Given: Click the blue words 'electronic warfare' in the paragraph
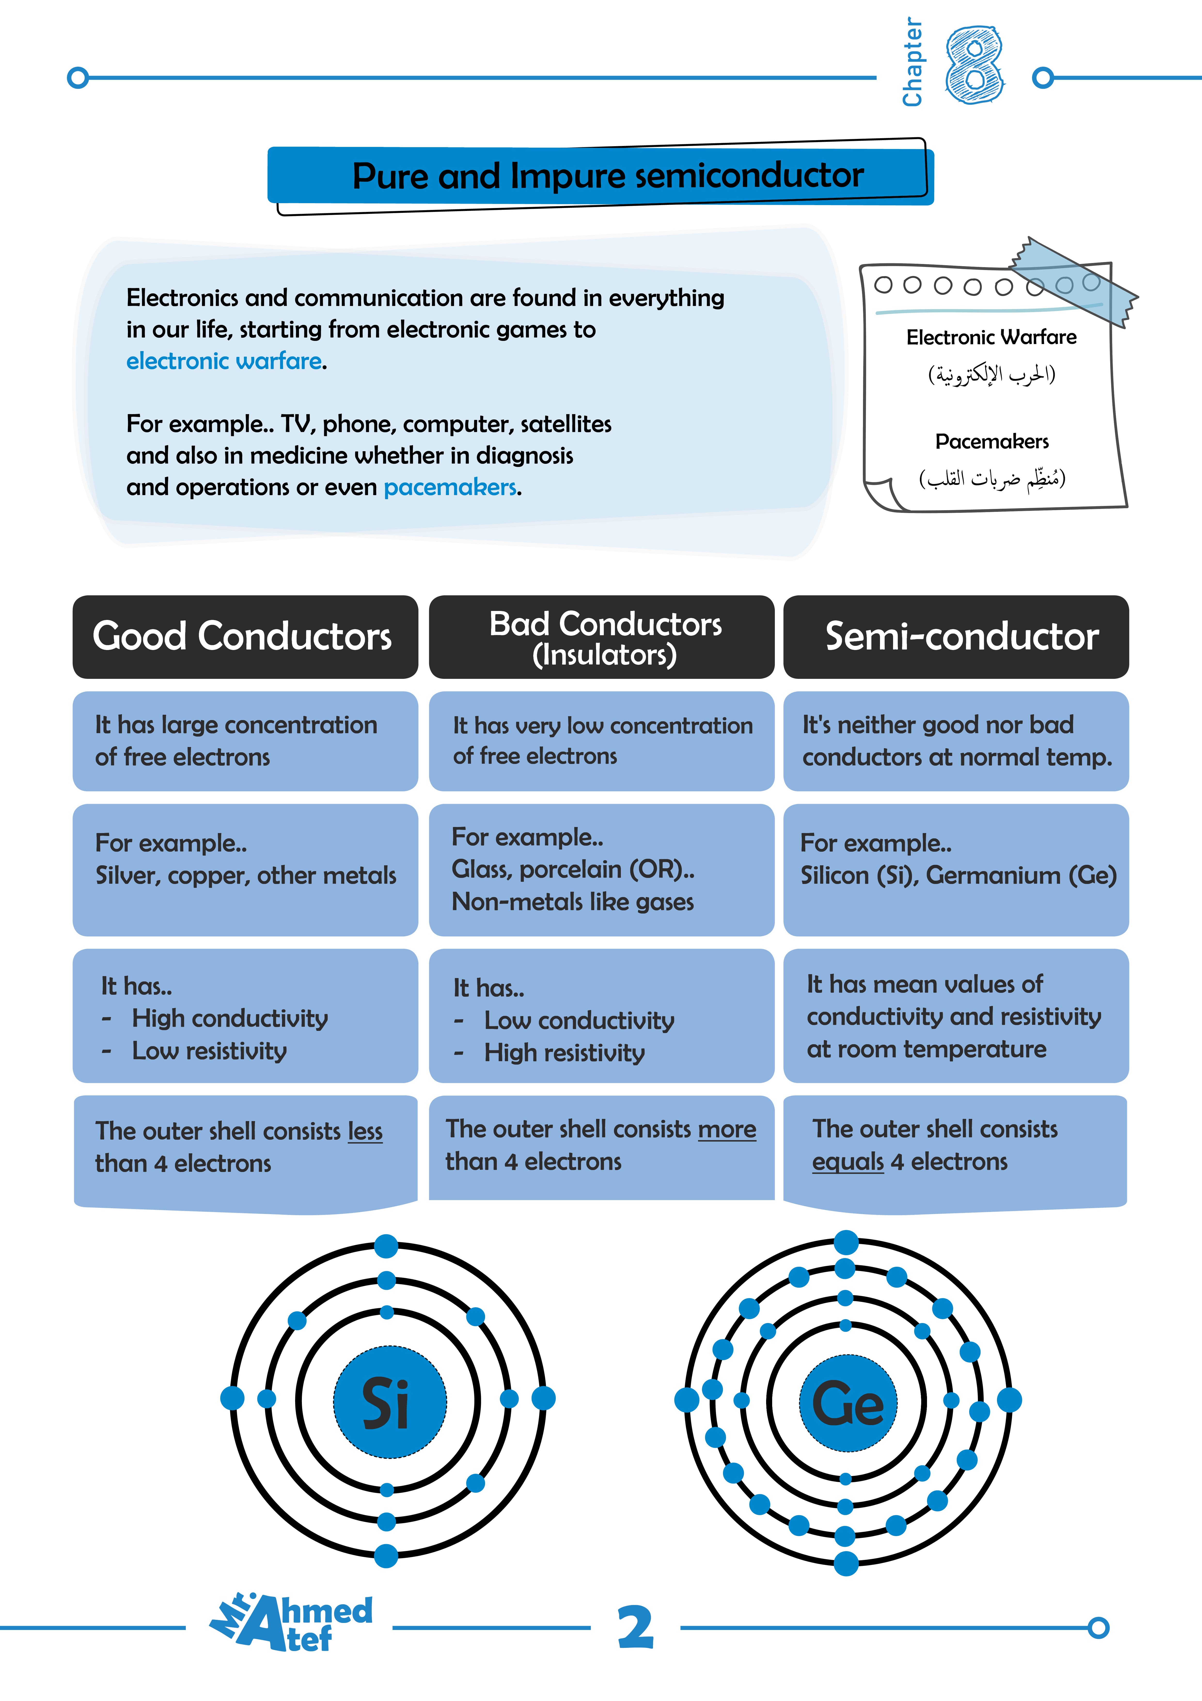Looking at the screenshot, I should click(224, 361).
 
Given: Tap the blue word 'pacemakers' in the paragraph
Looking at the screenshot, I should click(449, 488).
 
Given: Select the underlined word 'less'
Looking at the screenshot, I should click(365, 1131).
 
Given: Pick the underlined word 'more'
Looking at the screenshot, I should click(727, 1129).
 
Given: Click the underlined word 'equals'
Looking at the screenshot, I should click(847, 1162).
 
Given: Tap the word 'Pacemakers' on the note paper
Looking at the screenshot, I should click(992, 441).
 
